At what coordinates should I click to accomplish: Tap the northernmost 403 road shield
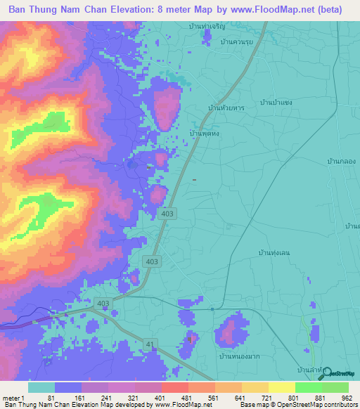pos(167,214)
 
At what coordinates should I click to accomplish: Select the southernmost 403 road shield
pos(103,303)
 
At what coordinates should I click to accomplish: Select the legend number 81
pos(51,398)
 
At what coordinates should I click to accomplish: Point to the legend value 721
pos(257,398)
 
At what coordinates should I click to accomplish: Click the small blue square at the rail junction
pos(212,308)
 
